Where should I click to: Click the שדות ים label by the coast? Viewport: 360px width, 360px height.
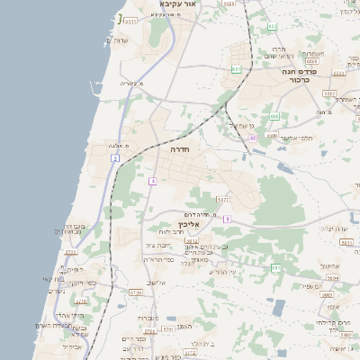click(x=121, y=40)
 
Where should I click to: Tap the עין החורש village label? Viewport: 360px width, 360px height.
click(x=220, y=272)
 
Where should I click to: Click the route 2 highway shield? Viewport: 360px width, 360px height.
click(x=115, y=157)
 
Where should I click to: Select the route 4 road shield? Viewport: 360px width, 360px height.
click(x=153, y=181)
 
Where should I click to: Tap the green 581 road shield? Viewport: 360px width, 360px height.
click(x=275, y=268)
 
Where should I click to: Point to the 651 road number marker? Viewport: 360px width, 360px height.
click(x=236, y=68)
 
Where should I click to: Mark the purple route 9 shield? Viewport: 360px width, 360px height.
click(x=228, y=219)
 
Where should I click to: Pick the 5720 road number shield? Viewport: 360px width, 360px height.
click(x=136, y=292)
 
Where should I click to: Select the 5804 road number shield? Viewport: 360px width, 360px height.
click(x=334, y=280)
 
